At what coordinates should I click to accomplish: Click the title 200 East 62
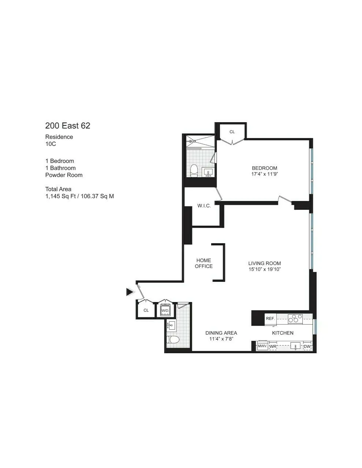click(68, 126)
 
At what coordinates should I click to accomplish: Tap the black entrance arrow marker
click(130, 292)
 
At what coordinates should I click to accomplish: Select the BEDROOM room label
click(264, 168)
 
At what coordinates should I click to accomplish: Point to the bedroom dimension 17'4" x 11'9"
click(264, 174)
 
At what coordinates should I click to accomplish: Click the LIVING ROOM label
click(264, 263)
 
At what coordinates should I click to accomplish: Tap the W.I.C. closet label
click(204, 206)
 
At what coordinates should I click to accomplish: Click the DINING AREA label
click(221, 333)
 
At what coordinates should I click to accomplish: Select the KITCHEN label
click(283, 333)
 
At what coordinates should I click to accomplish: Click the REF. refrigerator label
click(270, 318)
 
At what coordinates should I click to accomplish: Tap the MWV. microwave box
click(262, 346)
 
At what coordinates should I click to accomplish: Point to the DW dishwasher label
click(307, 347)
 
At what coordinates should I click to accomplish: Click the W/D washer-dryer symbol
click(165, 311)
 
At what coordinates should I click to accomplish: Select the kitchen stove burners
click(295, 319)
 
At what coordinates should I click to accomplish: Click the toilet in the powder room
click(172, 340)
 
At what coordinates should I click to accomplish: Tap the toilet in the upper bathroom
click(194, 170)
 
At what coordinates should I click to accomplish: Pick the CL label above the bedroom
click(232, 132)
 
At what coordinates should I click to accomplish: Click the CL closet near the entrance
click(146, 310)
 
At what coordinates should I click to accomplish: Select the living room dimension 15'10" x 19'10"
click(264, 269)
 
